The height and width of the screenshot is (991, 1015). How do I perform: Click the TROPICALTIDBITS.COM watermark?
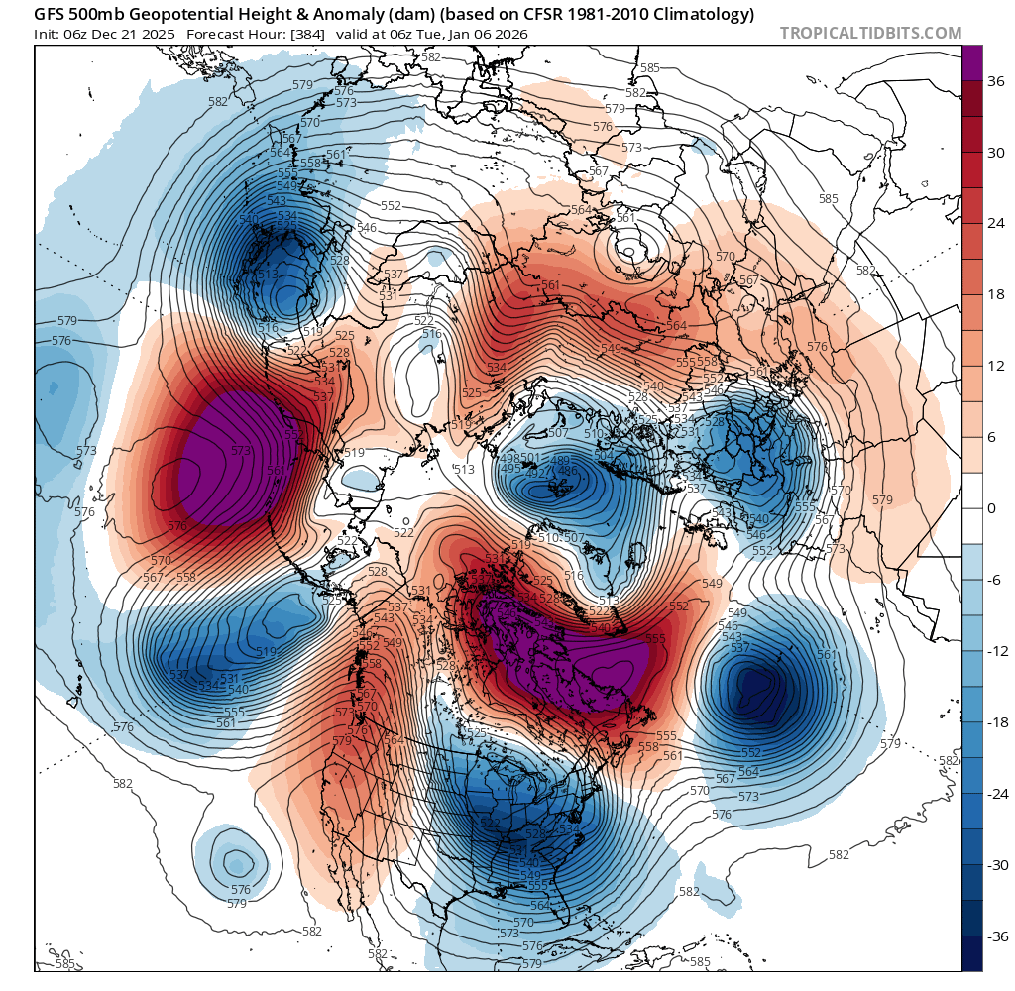pos(870,33)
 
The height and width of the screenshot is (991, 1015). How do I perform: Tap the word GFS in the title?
pos(50,15)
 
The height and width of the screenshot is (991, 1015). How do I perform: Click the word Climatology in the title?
pos(705,15)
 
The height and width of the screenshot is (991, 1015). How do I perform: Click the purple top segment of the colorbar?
pos(972,62)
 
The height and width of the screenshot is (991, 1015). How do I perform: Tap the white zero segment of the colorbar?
pos(972,508)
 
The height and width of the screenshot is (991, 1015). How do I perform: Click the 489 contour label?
pos(560,460)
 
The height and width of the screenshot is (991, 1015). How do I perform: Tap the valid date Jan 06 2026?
pos(488,34)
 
